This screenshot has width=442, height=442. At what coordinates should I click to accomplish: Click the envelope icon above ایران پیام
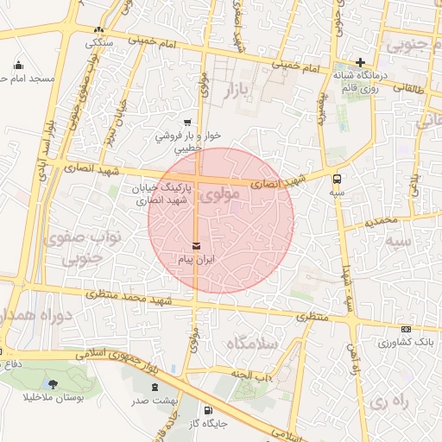[x=196, y=246]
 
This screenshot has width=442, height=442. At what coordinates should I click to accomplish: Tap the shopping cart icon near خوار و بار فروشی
[x=187, y=123]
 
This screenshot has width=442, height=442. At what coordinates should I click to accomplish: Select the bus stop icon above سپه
[x=336, y=180]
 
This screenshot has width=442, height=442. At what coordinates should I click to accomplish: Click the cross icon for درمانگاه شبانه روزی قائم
[x=361, y=62]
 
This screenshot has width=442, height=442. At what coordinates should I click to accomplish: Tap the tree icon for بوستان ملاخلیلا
[x=54, y=384]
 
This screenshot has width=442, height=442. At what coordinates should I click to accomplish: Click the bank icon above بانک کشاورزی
[x=406, y=329]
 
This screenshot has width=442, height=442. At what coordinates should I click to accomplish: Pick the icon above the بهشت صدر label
[x=155, y=388]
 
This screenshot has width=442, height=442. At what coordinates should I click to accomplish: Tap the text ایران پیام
[x=196, y=259]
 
